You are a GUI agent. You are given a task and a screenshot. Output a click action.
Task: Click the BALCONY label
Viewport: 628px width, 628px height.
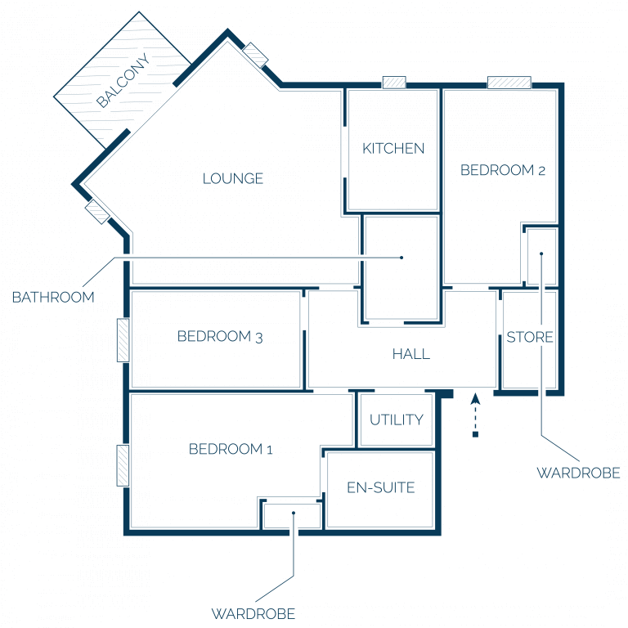[x=123, y=80]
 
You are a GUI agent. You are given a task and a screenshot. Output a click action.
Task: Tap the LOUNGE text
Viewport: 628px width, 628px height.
[x=233, y=178]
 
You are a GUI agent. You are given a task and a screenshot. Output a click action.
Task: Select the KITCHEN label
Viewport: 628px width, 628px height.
[x=393, y=149]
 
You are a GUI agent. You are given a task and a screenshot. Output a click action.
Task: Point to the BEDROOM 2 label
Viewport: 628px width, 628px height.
[x=503, y=170]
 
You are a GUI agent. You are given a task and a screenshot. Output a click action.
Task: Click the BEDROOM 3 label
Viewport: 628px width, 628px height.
[x=220, y=336]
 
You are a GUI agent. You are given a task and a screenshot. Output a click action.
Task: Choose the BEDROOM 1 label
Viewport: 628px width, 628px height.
[x=231, y=449]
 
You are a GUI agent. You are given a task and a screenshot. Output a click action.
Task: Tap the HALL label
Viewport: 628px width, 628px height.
[x=411, y=354]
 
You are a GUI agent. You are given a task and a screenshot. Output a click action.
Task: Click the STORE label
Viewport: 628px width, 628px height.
[x=530, y=337]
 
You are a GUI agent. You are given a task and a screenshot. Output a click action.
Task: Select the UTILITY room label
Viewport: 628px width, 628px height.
[x=397, y=419]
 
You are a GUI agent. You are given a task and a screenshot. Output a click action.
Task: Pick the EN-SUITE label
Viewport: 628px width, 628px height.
[x=381, y=487]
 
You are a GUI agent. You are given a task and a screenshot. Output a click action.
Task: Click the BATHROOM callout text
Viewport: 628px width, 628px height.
[x=53, y=297]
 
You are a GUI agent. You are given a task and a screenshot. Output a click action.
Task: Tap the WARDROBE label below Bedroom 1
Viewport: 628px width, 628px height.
[x=253, y=613]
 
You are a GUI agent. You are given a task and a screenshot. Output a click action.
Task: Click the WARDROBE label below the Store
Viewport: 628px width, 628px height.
[x=578, y=473]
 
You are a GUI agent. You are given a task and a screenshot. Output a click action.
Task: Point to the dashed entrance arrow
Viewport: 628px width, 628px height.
[x=475, y=415]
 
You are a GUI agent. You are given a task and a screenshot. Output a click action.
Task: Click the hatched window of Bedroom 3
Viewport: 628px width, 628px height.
[x=123, y=340]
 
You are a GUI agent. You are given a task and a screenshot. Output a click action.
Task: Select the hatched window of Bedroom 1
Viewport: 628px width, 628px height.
[x=123, y=465]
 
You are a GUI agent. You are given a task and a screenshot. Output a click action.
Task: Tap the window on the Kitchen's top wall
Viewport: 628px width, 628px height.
[x=394, y=83]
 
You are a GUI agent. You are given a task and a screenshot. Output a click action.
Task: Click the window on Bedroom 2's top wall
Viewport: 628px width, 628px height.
[x=509, y=83]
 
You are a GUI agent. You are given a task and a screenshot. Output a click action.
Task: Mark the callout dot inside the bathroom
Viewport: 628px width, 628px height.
[x=401, y=258]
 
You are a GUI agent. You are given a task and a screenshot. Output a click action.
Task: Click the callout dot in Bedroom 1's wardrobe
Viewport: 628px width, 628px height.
[x=294, y=513]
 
